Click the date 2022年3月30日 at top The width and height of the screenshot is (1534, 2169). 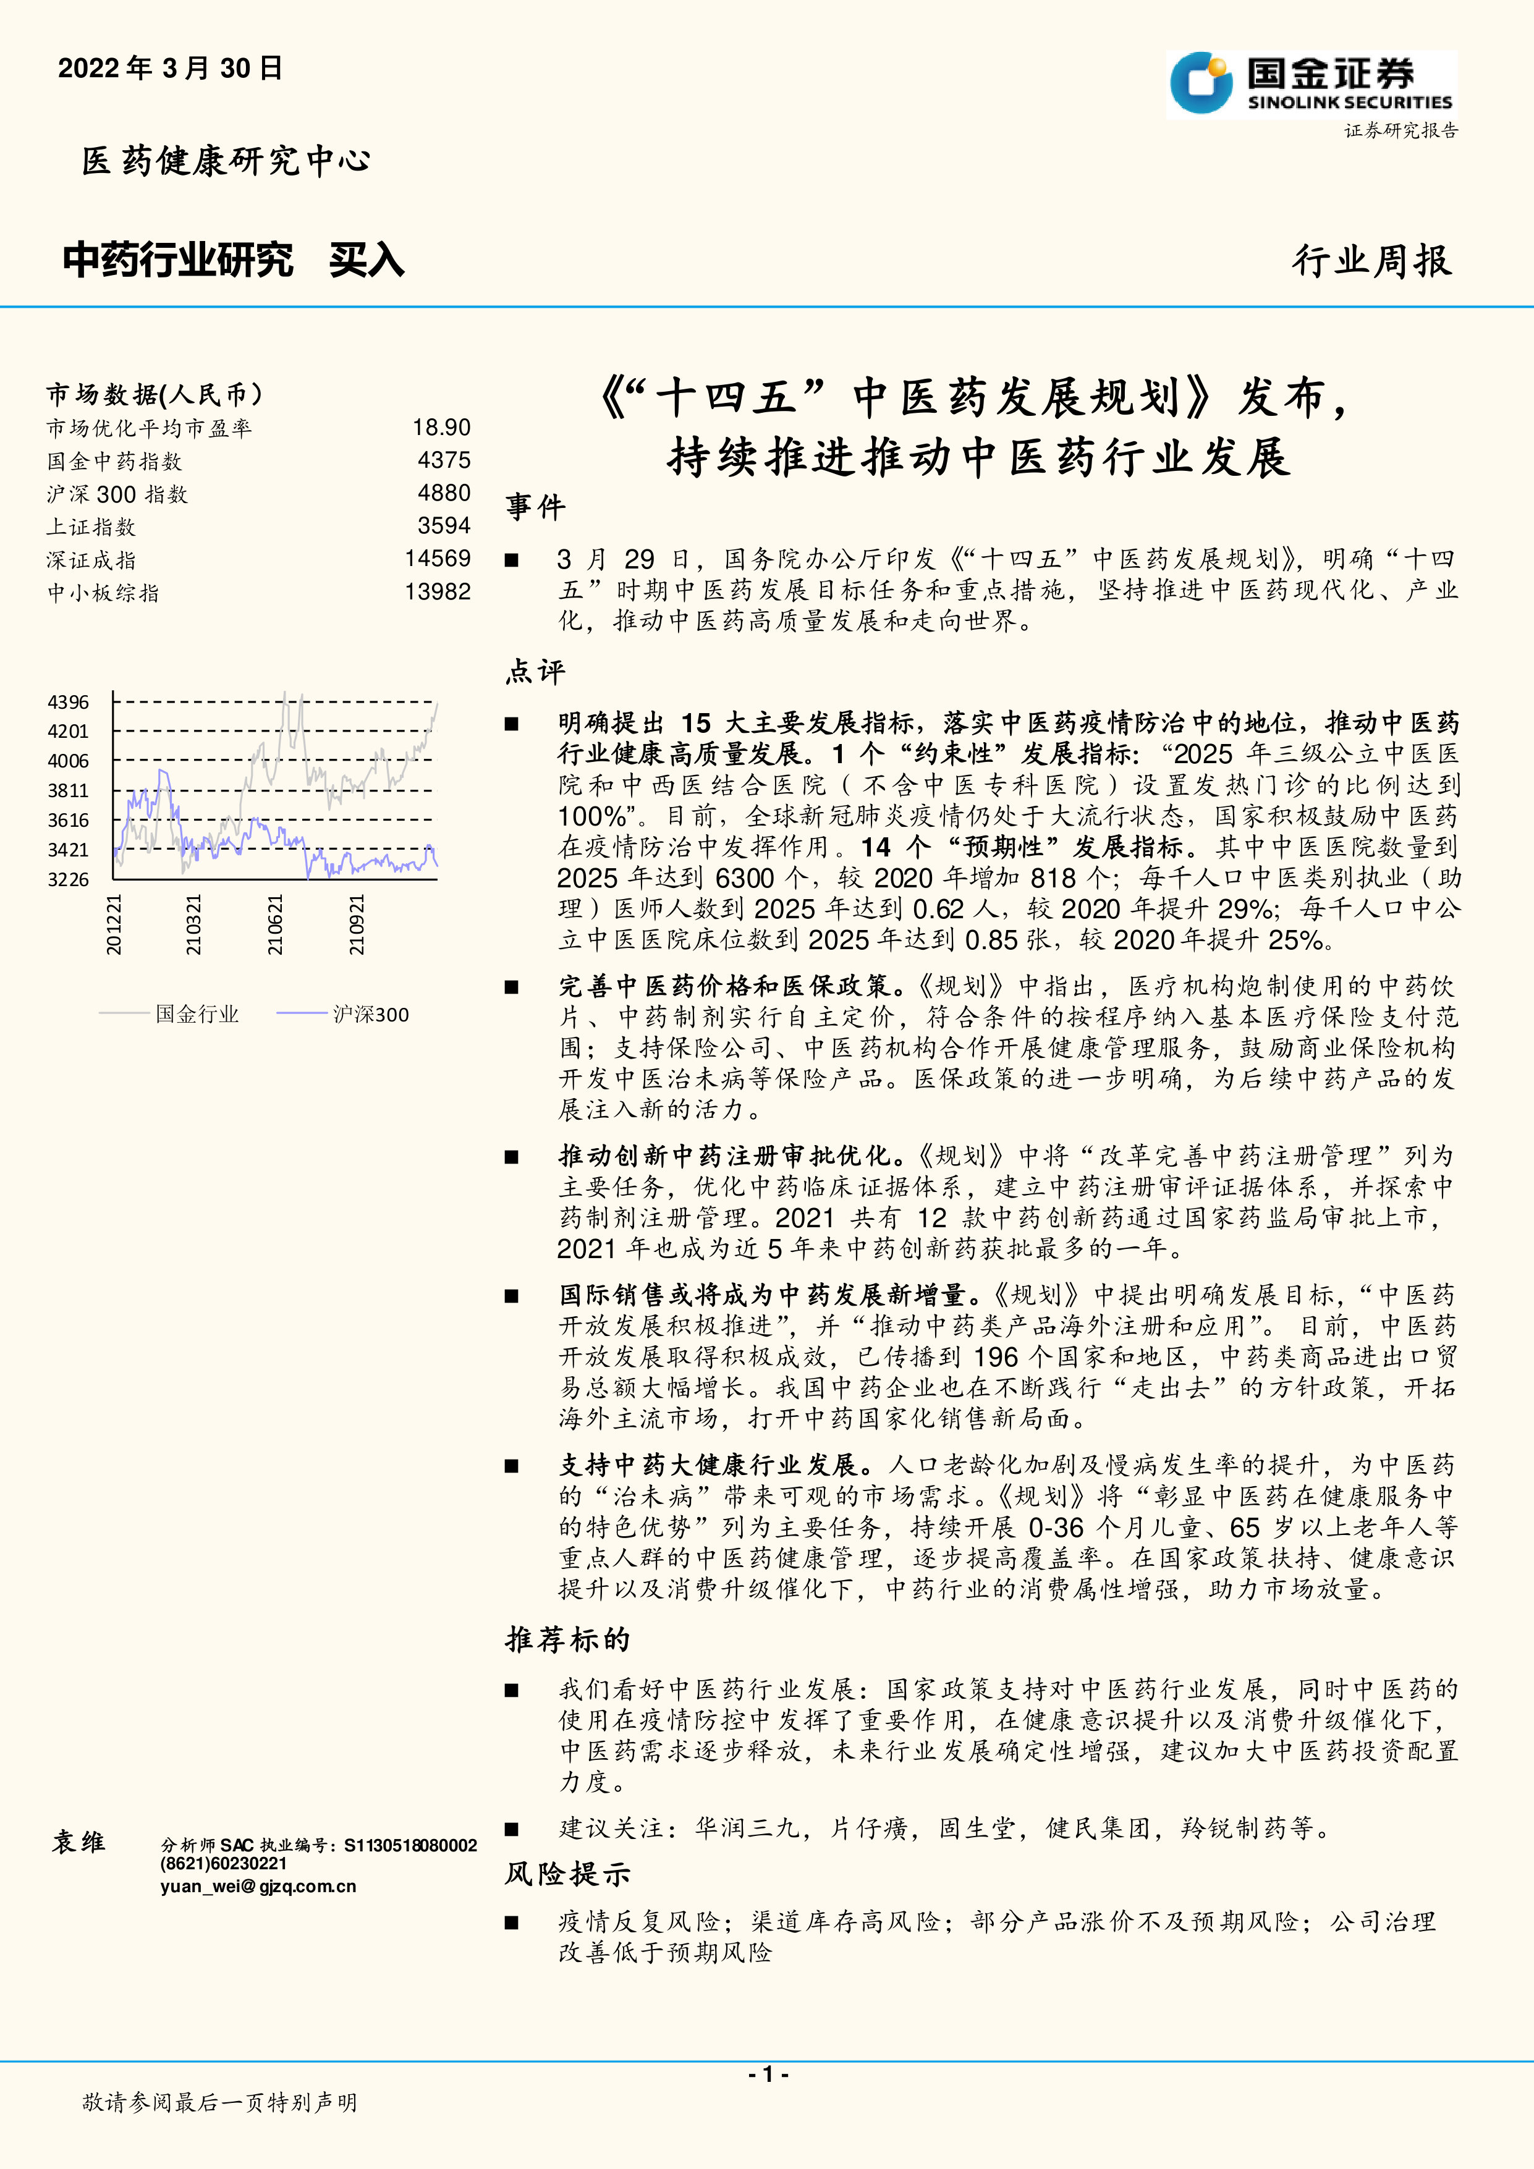click(x=170, y=68)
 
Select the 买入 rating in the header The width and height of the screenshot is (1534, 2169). click(x=367, y=260)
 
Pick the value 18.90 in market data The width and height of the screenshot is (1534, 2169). click(x=441, y=428)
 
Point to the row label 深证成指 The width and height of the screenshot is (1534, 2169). click(x=91, y=560)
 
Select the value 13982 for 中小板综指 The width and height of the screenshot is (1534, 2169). click(x=438, y=593)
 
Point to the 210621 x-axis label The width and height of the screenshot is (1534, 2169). click(x=275, y=925)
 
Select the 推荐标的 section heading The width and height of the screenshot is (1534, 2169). click(x=567, y=1639)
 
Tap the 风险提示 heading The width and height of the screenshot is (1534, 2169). click(x=567, y=1874)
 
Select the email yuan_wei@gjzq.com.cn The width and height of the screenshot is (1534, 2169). click(x=258, y=1887)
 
